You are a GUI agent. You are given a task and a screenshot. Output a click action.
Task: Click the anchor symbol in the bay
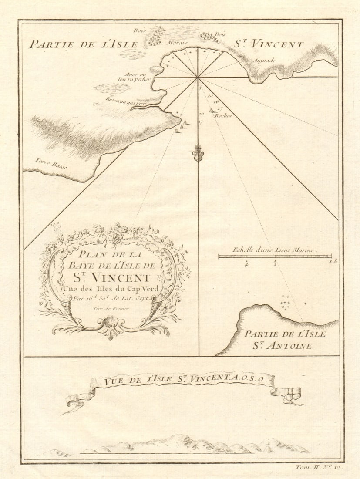198,153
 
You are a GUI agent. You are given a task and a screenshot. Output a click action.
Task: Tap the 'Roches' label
225,115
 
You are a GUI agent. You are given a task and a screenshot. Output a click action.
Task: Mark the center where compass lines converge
198,78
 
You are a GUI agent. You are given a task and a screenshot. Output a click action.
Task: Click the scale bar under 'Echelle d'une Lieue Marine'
275,256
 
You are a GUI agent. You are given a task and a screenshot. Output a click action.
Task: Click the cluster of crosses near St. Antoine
286,302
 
